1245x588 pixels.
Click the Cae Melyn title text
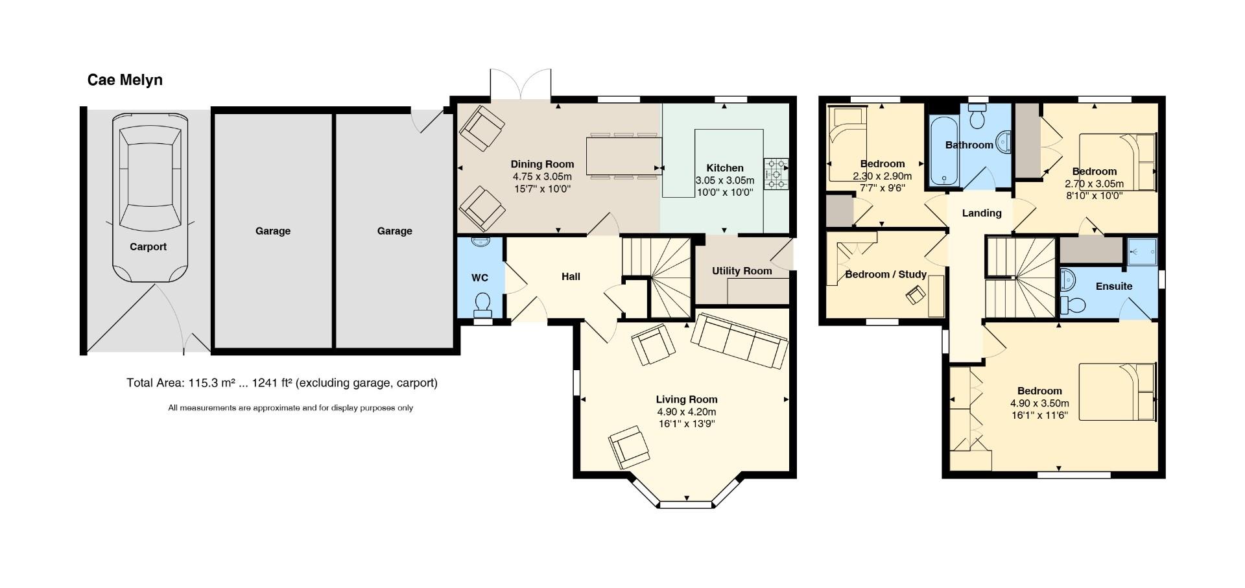click(x=124, y=80)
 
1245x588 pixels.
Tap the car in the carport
click(x=149, y=194)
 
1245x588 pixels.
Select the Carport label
click(x=148, y=246)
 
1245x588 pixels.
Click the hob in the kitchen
click(x=776, y=174)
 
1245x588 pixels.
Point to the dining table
click(x=622, y=156)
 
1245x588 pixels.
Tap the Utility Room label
click(x=742, y=271)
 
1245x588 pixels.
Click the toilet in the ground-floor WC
click(x=482, y=303)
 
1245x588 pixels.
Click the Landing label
click(x=981, y=213)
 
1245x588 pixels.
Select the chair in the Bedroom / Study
click(x=916, y=295)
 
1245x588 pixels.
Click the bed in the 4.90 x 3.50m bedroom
click(x=1117, y=392)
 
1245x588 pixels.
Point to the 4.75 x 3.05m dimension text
click(x=542, y=176)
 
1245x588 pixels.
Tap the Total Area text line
click(x=281, y=382)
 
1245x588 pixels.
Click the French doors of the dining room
click(x=521, y=84)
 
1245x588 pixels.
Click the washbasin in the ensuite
click(x=1067, y=281)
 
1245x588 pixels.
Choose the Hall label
click(x=571, y=277)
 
